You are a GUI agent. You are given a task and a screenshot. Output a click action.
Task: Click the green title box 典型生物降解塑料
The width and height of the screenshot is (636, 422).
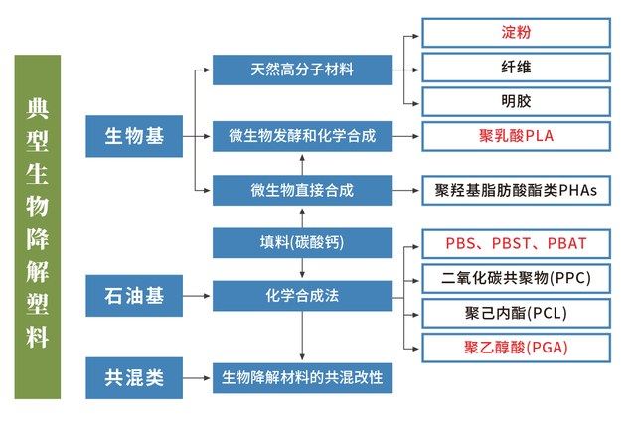point(38,226)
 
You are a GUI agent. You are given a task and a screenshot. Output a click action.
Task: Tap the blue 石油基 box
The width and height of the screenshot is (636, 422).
point(134,296)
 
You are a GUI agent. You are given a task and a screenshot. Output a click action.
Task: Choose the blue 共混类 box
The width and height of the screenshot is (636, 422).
point(134,377)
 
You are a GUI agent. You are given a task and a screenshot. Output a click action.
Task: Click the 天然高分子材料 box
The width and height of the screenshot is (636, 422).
point(302,70)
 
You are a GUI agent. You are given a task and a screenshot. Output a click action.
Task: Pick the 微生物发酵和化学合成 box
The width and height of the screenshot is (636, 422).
point(302,135)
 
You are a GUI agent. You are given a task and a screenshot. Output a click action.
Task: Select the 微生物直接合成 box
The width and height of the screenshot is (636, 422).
point(302,190)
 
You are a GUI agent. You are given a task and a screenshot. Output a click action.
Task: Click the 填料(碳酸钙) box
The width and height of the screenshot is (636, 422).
point(302,242)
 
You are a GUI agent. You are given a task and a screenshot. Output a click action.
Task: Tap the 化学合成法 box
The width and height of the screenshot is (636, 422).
point(302,296)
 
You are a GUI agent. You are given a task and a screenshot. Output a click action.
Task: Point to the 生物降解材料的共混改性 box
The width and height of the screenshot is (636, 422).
point(302,377)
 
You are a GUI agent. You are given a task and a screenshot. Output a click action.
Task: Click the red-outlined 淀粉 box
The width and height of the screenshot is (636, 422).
point(516,33)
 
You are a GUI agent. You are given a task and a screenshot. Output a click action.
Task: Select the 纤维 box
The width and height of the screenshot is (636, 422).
point(516,68)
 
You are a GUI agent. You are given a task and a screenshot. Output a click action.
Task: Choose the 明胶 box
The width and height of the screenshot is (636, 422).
point(516,101)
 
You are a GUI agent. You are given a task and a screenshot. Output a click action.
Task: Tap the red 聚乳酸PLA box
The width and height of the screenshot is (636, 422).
point(516,136)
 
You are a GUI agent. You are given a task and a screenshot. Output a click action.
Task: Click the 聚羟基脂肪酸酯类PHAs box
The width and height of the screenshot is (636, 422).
point(516,190)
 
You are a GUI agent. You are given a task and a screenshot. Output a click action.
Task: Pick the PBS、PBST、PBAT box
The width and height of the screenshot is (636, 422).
point(516,243)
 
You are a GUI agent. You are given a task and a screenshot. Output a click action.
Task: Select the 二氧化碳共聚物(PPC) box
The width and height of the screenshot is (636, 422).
point(516,278)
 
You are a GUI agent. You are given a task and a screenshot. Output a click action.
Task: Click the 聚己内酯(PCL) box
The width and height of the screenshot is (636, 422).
point(516,313)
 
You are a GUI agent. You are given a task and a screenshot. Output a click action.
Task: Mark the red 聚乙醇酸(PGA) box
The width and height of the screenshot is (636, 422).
point(516,348)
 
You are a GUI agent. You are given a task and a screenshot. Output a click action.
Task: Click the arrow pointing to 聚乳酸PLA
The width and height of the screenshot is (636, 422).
point(405,136)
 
